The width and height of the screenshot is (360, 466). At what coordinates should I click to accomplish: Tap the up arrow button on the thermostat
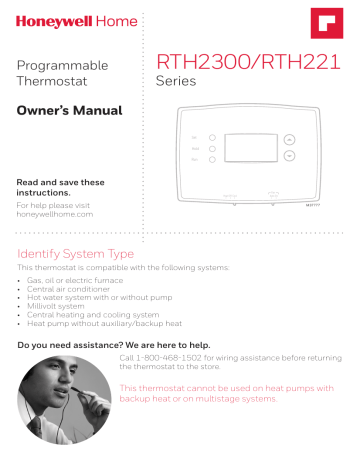(289, 140)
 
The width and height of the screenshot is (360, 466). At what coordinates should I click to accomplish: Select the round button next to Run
(213, 160)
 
